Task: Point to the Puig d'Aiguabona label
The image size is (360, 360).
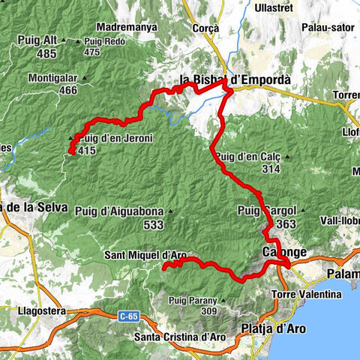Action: (x=119, y=211)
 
